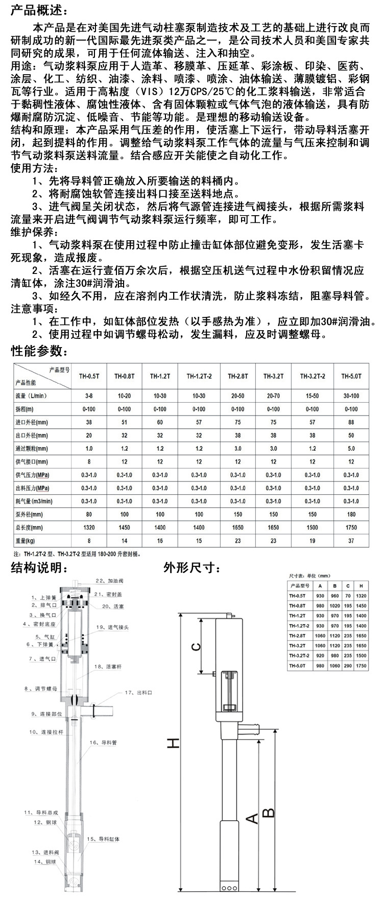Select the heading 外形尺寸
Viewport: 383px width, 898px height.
click(192, 567)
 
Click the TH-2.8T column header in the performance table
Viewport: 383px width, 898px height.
click(237, 376)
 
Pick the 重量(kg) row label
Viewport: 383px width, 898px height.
click(25, 540)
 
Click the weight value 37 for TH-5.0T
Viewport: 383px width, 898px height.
click(351, 540)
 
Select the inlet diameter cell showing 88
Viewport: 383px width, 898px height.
click(351, 422)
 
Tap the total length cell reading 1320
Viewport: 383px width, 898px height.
click(89, 527)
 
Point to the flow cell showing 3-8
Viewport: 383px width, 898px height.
click(89, 396)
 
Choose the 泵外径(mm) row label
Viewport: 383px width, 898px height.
click(29, 514)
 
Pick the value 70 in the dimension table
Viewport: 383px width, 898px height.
click(348, 595)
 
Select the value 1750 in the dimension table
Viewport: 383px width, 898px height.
click(362, 665)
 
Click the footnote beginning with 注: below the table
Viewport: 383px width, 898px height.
click(77, 554)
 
